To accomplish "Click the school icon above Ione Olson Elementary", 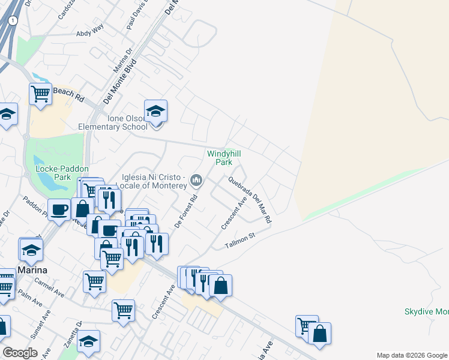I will click(155, 111).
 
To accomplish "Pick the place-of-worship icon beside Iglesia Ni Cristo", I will click(196, 179).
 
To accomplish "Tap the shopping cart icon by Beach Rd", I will click(40, 94).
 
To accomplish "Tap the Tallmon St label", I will click(240, 241).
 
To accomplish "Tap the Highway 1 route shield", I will click(13, 20).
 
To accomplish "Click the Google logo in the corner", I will click(20, 353).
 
